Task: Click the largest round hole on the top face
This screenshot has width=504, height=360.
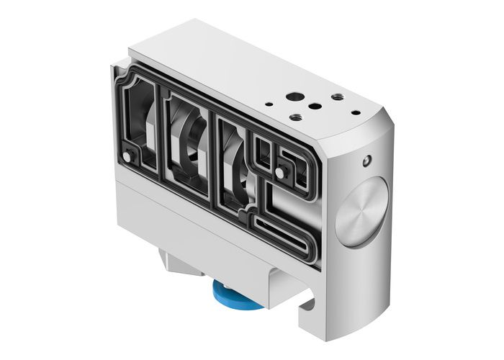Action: [294, 96]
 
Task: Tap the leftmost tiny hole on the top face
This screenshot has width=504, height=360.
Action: [268, 104]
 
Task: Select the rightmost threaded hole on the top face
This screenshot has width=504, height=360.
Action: [336, 96]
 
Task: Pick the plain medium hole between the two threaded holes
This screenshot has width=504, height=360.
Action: [315, 106]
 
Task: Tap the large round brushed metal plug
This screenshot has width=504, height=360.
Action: [361, 212]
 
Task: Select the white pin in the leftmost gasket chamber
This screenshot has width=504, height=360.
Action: [127, 156]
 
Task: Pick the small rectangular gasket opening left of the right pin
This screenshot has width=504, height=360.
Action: [264, 151]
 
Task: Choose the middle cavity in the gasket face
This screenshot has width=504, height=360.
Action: [189, 140]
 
